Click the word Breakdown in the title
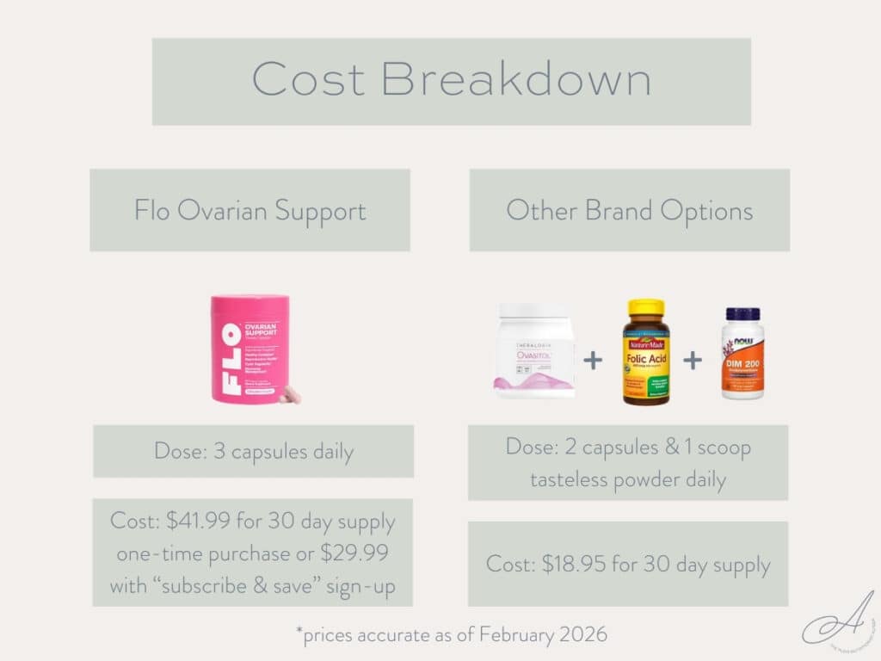[515, 80]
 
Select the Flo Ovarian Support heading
[250, 210]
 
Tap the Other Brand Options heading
[629, 210]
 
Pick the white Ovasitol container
[533, 350]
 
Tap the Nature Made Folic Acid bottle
[645, 352]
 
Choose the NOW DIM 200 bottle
[742, 353]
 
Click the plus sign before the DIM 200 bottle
[693, 360]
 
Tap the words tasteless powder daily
[628, 479]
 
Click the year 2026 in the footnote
[582, 635]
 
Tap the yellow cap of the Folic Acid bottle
[645, 308]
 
